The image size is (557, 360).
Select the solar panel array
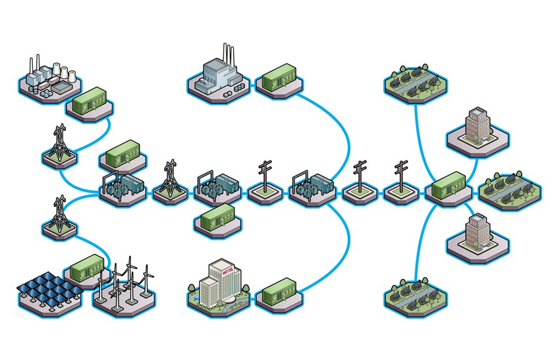48,288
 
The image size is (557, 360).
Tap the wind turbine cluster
126,284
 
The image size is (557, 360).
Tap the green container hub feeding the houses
448,186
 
